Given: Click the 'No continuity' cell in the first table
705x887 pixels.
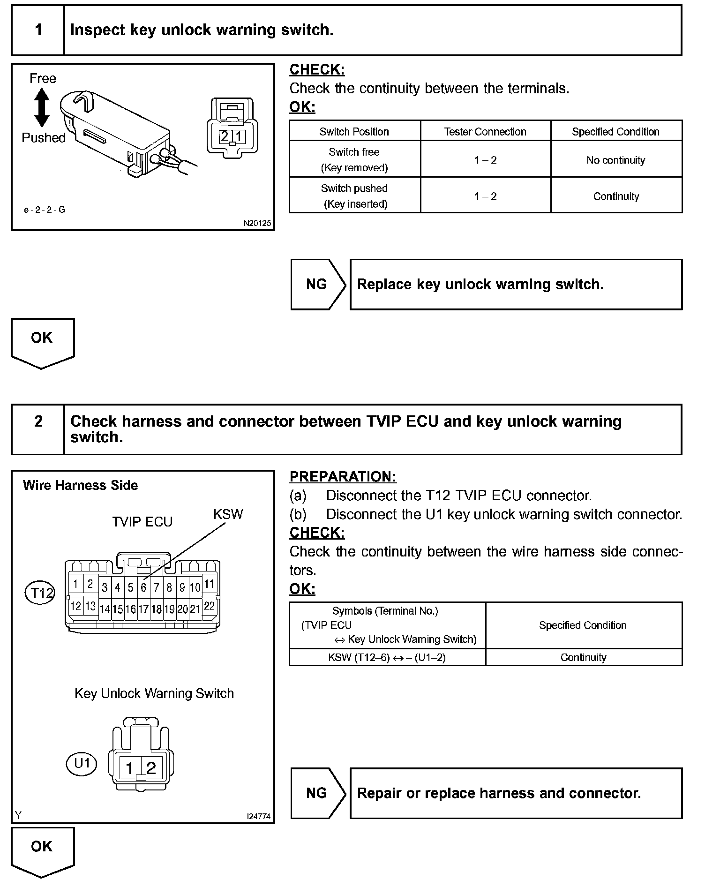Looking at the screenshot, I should pyautogui.click(x=615, y=160).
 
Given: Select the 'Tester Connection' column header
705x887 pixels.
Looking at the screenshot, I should pyautogui.click(x=485, y=132).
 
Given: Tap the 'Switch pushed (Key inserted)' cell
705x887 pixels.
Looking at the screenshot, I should pyautogui.click(x=354, y=196).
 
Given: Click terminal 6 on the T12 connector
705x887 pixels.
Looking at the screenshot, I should pyautogui.click(x=143, y=587).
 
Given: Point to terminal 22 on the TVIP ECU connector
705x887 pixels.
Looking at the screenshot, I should pyautogui.click(x=209, y=606).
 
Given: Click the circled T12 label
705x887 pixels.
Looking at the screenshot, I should pyautogui.click(x=40, y=593).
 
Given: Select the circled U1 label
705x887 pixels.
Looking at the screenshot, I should pyautogui.click(x=82, y=763).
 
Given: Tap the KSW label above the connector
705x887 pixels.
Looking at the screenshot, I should pyautogui.click(x=228, y=514).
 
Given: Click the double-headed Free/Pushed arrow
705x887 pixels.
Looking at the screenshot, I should pyautogui.click(x=42, y=108).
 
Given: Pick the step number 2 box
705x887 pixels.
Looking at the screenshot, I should pyautogui.click(x=38, y=421).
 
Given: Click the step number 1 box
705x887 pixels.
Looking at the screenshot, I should pyautogui.click(x=38, y=30).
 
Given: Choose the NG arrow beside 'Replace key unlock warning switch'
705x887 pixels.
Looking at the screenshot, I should pyautogui.click(x=318, y=284).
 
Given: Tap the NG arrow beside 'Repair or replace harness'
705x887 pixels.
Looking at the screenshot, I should pyautogui.click(x=318, y=793).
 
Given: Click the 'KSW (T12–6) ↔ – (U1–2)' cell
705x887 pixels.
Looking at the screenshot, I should pyautogui.click(x=387, y=657).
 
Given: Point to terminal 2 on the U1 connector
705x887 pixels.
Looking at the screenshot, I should pyautogui.click(x=151, y=768).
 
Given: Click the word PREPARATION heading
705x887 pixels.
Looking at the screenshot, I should pyautogui.click(x=343, y=476).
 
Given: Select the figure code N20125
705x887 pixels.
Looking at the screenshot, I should pyautogui.click(x=257, y=223).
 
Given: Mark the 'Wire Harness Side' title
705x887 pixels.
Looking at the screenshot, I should pyautogui.click(x=80, y=485).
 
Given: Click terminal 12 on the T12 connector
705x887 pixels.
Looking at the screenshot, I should pyautogui.click(x=75, y=606).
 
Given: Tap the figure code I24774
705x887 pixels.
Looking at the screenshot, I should pyautogui.click(x=258, y=816).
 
